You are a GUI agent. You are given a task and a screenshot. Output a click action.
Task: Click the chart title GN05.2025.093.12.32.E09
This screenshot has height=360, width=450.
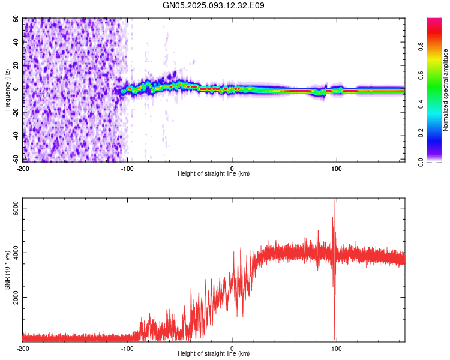[x=214, y=5]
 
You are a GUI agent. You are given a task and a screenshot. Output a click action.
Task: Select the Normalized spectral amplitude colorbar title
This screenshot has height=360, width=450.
[x=446, y=90]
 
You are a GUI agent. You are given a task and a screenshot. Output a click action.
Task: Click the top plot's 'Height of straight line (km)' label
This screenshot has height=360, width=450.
[x=214, y=174]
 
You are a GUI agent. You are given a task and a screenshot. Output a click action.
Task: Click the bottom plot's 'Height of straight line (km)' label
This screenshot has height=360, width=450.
[x=214, y=354]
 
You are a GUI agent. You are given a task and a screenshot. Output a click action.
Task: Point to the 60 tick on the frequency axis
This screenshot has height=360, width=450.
[x=16, y=19]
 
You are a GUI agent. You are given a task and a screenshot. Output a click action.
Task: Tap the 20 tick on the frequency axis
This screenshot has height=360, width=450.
[x=16, y=65]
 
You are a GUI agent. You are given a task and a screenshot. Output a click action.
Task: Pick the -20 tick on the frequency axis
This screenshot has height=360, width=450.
[x=14, y=112]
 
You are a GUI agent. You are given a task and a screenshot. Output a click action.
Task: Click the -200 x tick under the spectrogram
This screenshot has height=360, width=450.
[x=23, y=168]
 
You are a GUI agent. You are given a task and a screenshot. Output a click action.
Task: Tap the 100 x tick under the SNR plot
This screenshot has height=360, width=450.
[x=337, y=348]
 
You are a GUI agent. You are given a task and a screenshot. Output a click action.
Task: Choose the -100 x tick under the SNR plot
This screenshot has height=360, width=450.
[x=127, y=348]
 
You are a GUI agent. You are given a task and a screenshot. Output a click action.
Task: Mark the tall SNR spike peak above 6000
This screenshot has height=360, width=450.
[x=335, y=200]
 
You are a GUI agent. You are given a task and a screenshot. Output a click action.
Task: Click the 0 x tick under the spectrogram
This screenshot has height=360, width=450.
[x=232, y=168]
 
